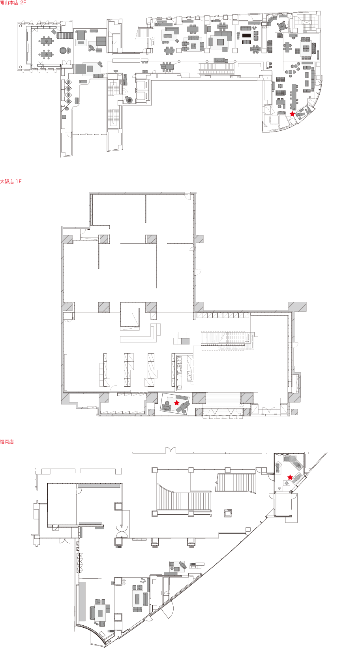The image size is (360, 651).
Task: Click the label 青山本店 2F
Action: (x=13, y=3)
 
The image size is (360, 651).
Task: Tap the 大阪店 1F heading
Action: (x=11, y=181)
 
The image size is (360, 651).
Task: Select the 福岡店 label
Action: (x=7, y=442)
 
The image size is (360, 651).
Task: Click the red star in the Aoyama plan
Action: (x=292, y=114)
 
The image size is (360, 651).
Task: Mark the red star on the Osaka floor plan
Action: (x=176, y=403)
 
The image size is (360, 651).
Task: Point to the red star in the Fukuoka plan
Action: (x=290, y=477)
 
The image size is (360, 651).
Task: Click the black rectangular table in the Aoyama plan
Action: (x=246, y=36)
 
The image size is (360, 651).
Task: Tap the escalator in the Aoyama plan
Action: (x=216, y=68)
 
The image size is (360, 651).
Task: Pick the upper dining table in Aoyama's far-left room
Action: (x=46, y=41)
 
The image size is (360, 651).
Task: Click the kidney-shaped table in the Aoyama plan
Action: (x=170, y=51)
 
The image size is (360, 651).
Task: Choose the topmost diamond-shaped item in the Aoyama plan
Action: (x=68, y=82)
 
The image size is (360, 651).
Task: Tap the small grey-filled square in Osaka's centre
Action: (x=185, y=341)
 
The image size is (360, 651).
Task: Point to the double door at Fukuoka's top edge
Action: (x=171, y=450)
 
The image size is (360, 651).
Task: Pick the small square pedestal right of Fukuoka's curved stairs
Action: (x=228, y=513)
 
